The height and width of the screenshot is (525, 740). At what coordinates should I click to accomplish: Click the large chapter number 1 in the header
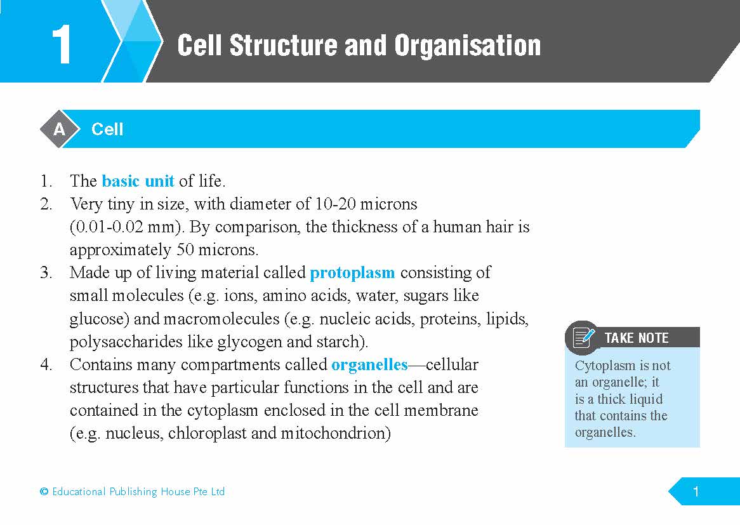point(62,45)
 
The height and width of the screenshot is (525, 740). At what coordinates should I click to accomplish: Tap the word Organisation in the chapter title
point(467,46)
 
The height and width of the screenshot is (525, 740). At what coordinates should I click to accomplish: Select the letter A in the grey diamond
point(59,129)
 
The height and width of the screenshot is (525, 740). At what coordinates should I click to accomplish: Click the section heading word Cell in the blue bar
point(107,130)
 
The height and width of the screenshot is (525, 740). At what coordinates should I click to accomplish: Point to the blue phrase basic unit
point(138,181)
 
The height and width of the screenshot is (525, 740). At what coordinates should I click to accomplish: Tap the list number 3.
point(46,273)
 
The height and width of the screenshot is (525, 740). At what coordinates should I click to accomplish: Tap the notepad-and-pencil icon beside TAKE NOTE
point(583,338)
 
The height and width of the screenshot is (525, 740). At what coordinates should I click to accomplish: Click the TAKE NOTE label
point(637,338)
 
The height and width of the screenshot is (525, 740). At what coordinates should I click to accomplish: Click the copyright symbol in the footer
point(44,491)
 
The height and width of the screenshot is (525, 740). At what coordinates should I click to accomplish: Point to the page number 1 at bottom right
point(696,492)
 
